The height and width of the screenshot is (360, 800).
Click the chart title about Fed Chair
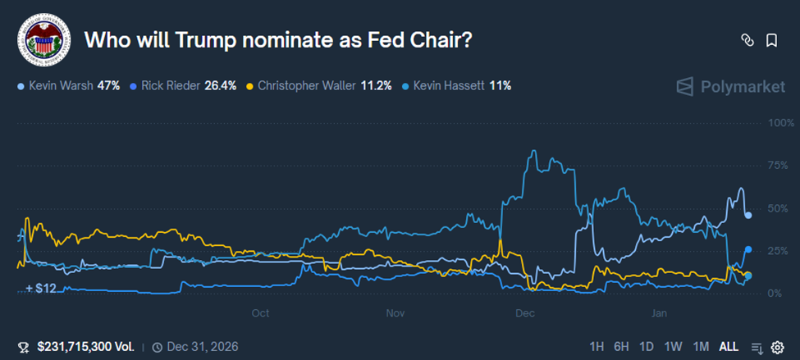coord(279,39)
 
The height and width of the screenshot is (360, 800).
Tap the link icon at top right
coord(747,39)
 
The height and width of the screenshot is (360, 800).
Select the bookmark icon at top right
coord(771,39)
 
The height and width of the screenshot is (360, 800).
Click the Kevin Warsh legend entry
coord(69,84)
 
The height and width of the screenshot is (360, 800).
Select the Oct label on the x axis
coord(260,312)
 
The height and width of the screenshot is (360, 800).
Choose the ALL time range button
coord(729,346)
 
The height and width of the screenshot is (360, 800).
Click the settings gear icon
coord(777,347)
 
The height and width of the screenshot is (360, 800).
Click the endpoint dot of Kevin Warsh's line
coord(747,215)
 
